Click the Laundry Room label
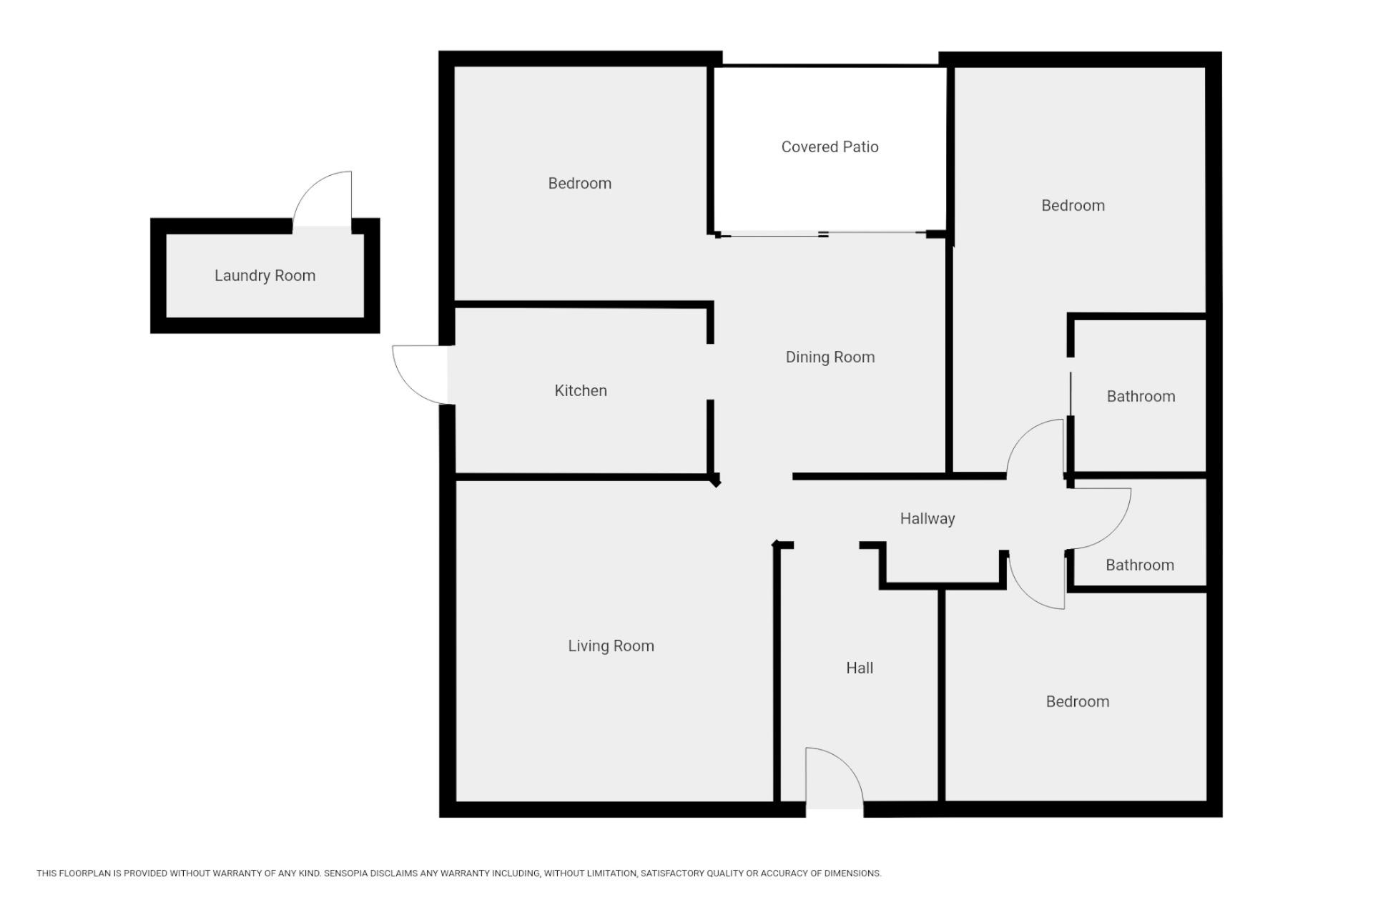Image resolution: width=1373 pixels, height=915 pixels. (265, 276)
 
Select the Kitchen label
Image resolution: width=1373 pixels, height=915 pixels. (581, 390)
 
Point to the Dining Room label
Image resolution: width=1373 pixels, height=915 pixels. (830, 357)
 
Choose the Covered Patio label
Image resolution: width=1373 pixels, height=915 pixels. (830, 147)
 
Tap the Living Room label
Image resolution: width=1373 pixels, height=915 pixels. (611, 646)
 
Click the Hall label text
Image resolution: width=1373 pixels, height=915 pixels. (860, 668)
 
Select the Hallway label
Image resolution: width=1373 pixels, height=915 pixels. (927, 519)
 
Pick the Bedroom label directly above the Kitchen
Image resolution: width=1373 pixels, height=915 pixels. (580, 183)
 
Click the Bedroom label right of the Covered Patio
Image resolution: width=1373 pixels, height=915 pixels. (1073, 206)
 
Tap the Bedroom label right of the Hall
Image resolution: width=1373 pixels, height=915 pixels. (1078, 701)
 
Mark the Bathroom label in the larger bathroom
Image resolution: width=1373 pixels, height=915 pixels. (1141, 397)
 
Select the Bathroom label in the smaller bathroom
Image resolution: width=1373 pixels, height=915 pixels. (1140, 565)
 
